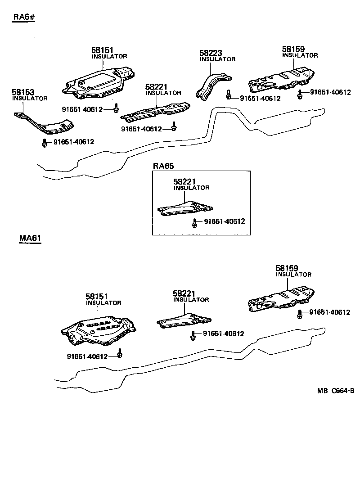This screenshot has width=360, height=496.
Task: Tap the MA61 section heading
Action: [x=30, y=238]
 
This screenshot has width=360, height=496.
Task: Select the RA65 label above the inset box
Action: [x=163, y=166]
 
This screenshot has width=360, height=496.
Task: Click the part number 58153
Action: [x=22, y=92]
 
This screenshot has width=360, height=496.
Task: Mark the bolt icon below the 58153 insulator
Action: [x=45, y=143]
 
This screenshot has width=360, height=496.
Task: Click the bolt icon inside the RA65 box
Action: [x=195, y=222]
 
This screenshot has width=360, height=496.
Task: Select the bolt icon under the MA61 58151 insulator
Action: [x=120, y=354]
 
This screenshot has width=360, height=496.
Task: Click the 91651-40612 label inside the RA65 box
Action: [x=225, y=221]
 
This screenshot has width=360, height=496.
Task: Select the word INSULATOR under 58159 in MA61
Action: [x=293, y=275]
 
